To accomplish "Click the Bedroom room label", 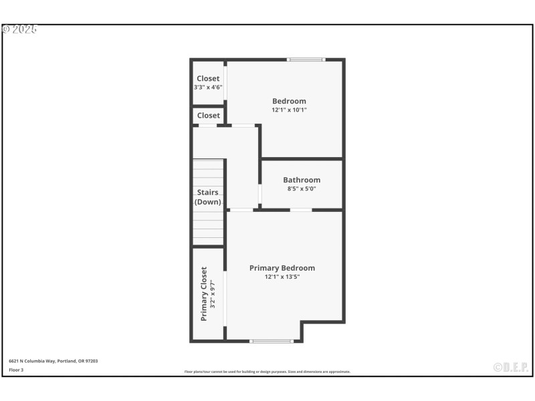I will click(x=289, y=102).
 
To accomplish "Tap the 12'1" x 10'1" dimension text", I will click(x=289, y=110).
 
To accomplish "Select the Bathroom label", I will click(x=302, y=180).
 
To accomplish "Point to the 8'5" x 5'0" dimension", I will click(x=302, y=188).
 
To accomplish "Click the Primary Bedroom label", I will click(x=282, y=268).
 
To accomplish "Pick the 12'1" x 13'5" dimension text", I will click(x=282, y=277).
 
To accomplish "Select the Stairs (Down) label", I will click(x=208, y=197).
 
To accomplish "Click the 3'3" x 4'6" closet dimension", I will click(x=208, y=87).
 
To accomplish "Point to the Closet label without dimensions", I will click(x=208, y=116).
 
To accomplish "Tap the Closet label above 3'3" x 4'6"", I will click(x=208, y=79).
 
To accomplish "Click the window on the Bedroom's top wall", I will click(x=306, y=60).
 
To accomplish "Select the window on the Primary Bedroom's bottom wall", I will click(x=272, y=342).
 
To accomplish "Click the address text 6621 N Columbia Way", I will click(x=53, y=361).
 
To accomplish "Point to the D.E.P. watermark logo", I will click(x=511, y=367).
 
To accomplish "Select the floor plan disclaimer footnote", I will click(x=267, y=372).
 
